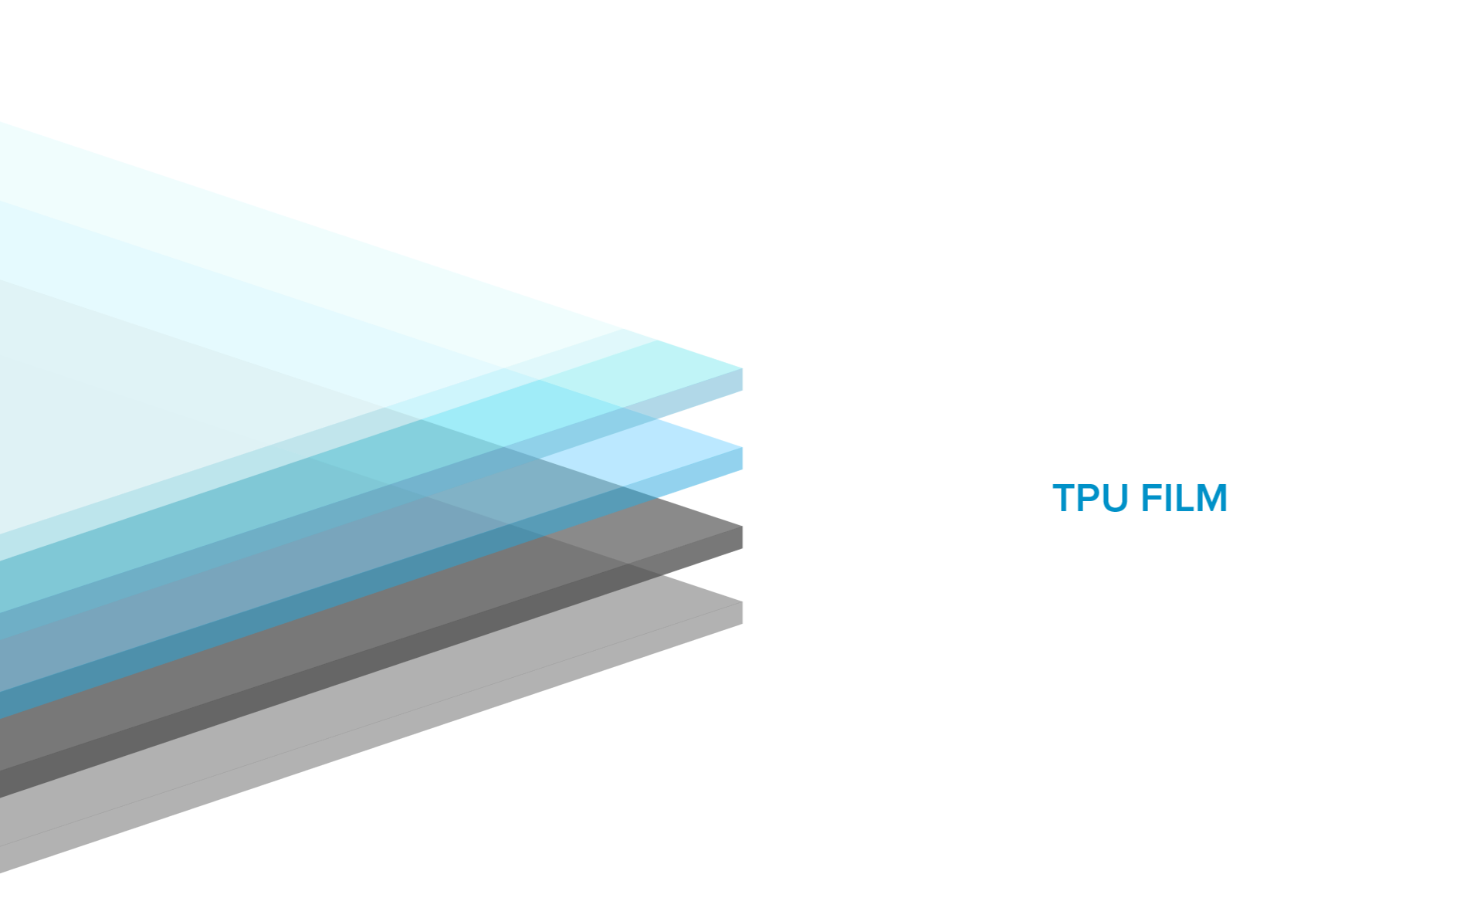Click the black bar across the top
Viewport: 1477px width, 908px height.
738,20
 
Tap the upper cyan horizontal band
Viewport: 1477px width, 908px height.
927,363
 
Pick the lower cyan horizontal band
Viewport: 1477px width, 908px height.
927,443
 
